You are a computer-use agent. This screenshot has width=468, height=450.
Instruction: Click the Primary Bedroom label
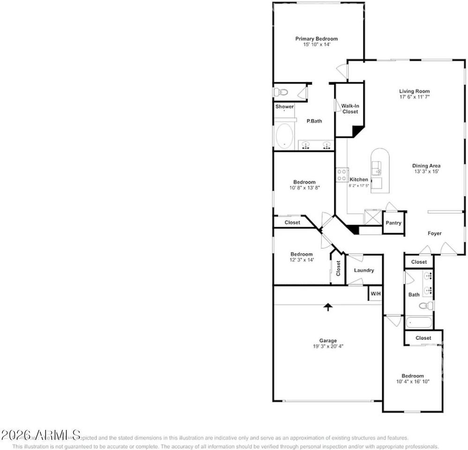[316, 39]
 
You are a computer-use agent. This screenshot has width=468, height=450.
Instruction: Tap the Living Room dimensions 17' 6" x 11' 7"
[414, 97]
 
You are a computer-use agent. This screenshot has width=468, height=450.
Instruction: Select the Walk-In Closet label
[349, 109]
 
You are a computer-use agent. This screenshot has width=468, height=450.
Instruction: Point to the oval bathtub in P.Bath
[284, 136]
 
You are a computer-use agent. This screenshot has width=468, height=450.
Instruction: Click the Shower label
[284, 107]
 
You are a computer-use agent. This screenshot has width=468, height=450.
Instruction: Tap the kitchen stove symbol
[342, 174]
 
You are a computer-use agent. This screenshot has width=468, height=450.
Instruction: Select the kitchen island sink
[377, 168]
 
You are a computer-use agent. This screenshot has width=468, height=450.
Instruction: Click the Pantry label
[394, 223]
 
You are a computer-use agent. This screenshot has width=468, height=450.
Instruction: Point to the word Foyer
[434, 233]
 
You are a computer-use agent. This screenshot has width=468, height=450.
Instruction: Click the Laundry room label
[364, 270]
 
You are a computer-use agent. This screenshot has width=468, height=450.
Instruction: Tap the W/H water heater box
[376, 294]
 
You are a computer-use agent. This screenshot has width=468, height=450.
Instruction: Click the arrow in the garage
[328, 307]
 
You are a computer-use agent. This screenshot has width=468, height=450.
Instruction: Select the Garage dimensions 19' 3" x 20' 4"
[328, 346]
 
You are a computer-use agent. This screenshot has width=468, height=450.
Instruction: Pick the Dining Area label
[426, 165]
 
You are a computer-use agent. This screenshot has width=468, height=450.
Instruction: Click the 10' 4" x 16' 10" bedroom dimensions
[412, 382]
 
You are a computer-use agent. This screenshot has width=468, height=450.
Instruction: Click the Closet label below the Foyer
[419, 262]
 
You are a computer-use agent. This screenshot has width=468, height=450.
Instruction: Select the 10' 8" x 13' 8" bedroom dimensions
[304, 187]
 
